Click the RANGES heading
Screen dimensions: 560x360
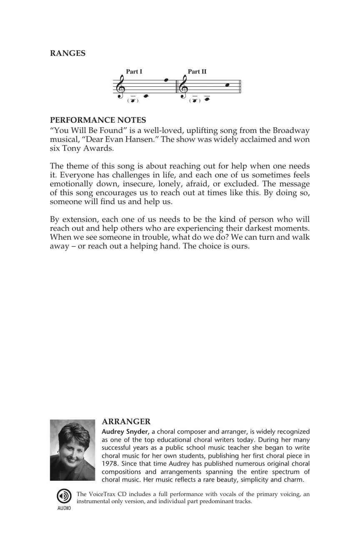[x=67, y=53]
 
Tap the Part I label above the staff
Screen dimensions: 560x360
[x=134, y=72]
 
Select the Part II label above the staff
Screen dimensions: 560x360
[x=197, y=72]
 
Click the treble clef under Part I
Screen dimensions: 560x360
[x=121, y=87]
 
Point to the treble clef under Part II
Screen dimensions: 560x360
[x=183, y=87]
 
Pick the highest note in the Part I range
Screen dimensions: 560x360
[x=166, y=80]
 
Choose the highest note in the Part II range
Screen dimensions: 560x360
[x=227, y=85]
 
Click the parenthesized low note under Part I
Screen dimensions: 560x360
[x=132, y=100]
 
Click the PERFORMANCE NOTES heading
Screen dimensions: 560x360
[x=98, y=120]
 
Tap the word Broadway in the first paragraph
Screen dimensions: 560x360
[x=291, y=131]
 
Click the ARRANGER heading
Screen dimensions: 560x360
[x=126, y=422]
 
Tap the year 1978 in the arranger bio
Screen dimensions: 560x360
[x=110, y=464]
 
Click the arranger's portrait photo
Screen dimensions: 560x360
[x=72, y=450]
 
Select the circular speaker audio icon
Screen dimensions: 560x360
[x=64, y=496]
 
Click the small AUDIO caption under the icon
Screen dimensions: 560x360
[x=64, y=508]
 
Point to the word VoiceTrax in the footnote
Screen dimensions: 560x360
[x=104, y=495]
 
